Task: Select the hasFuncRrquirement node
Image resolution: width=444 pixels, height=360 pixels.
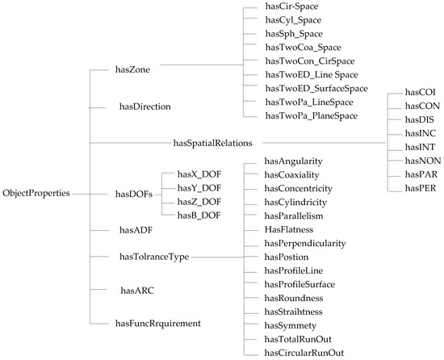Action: click(x=157, y=323)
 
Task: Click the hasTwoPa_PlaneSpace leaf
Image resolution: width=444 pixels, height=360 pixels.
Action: click(x=310, y=116)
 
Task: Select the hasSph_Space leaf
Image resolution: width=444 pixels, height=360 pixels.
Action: click(x=294, y=34)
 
